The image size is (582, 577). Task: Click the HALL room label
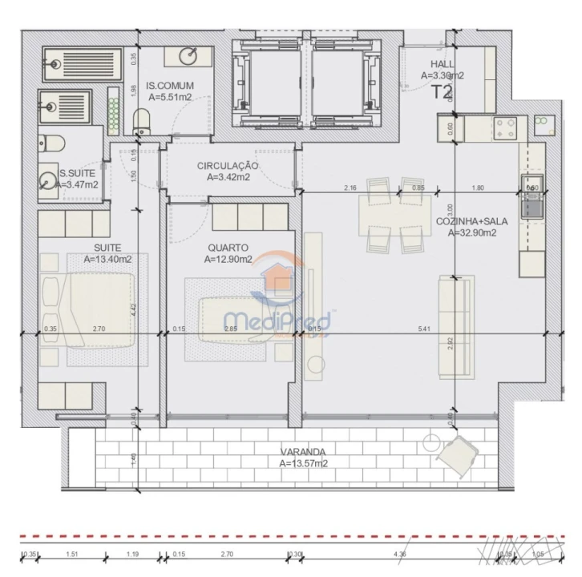(442, 64)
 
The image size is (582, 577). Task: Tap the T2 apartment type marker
(443, 91)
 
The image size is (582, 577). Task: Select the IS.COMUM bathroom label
(168, 85)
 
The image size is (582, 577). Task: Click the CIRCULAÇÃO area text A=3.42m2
(228, 177)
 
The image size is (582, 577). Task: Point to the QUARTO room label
(228, 248)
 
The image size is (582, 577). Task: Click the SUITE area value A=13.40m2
(108, 259)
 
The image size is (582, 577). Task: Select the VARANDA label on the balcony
(302, 451)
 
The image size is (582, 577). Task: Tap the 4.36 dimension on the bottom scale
(399, 553)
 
